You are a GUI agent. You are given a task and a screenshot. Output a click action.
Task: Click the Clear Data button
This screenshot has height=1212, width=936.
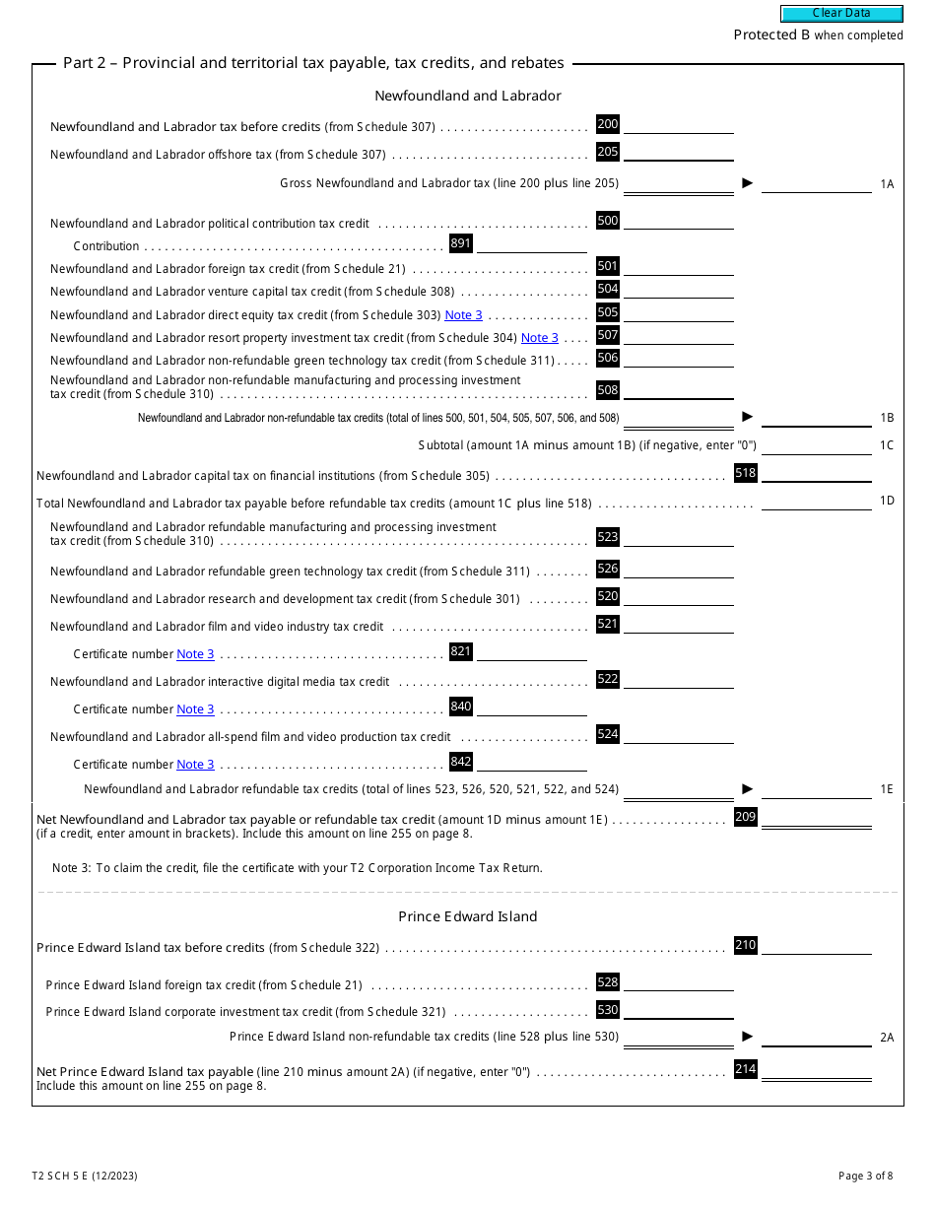pyautogui.click(x=841, y=13)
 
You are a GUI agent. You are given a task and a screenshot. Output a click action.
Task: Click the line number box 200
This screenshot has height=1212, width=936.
pyautogui.click(x=608, y=124)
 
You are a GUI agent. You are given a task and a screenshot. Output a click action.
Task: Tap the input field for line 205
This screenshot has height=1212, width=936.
pyautogui.click(x=679, y=152)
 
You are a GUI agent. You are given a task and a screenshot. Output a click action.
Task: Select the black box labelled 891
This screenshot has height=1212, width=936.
pyautogui.click(x=460, y=243)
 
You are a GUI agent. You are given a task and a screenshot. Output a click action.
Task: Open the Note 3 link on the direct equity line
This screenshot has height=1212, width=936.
pyautogui.click(x=464, y=315)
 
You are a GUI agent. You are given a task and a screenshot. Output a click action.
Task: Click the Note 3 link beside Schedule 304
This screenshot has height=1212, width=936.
pyautogui.click(x=540, y=338)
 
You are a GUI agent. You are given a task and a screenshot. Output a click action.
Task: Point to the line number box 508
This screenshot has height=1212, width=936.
pyautogui.click(x=608, y=390)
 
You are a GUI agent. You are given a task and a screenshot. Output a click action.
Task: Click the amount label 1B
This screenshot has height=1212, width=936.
pyautogui.click(x=887, y=418)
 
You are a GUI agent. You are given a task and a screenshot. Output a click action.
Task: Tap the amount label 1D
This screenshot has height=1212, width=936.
pyautogui.click(x=887, y=501)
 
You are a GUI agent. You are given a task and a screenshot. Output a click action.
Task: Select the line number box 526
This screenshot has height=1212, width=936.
pyautogui.click(x=608, y=569)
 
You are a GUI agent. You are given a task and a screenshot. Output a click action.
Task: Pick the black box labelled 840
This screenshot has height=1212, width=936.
pyautogui.click(x=460, y=707)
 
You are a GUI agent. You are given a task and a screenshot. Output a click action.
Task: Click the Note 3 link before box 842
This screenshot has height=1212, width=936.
pyautogui.click(x=195, y=765)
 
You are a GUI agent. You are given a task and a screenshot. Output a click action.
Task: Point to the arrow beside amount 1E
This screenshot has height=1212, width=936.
pyautogui.click(x=747, y=788)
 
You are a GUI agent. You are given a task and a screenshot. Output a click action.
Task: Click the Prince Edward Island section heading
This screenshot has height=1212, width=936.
pyautogui.click(x=468, y=916)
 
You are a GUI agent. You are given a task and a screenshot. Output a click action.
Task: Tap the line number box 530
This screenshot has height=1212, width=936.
pyautogui.click(x=608, y=1009)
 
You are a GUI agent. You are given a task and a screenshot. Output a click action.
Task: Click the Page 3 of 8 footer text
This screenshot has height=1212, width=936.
pyautogui.click(x=865, y=1176)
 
